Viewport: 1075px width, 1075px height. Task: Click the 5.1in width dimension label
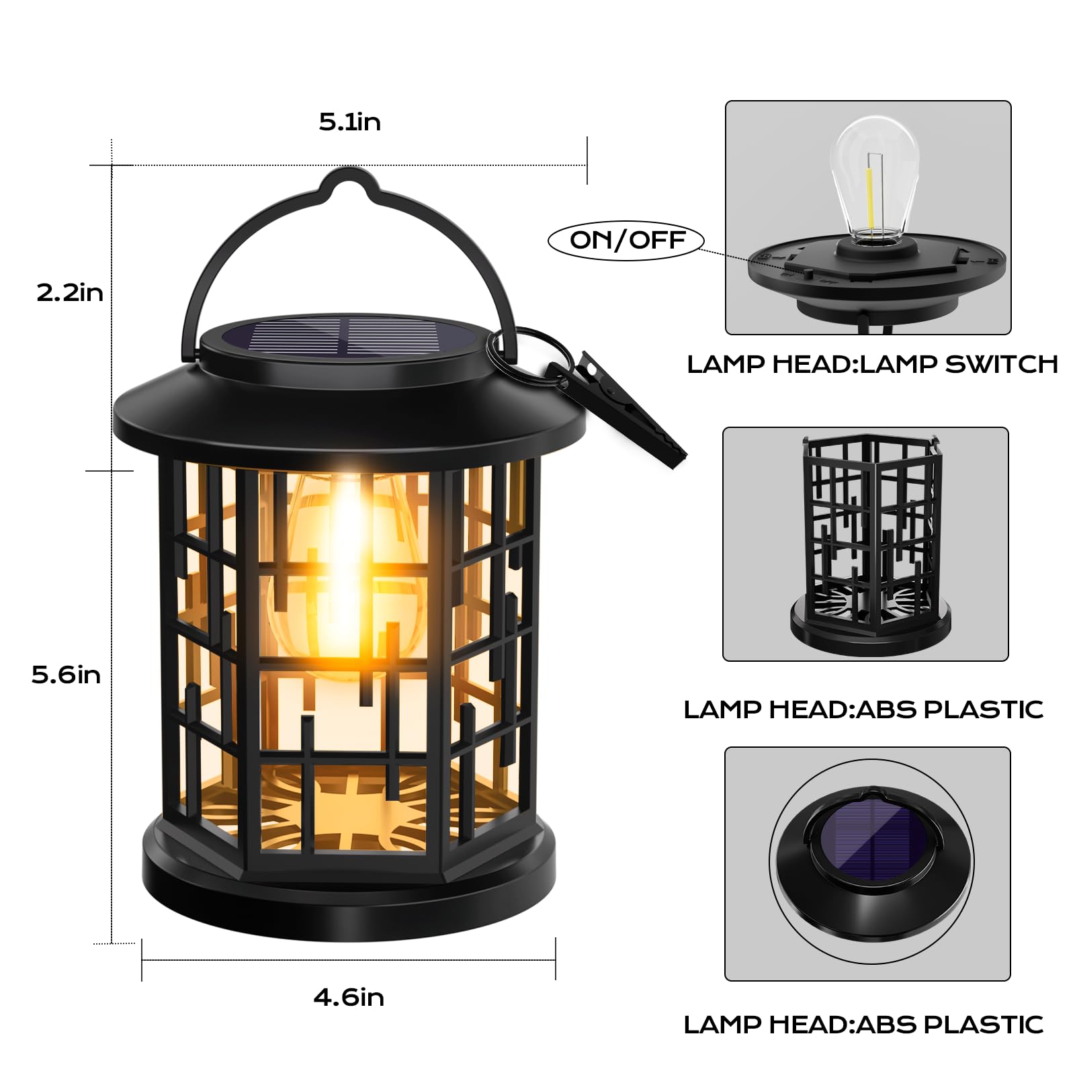349,122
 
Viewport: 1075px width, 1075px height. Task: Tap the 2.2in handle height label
70,293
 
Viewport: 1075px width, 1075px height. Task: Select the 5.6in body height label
66,675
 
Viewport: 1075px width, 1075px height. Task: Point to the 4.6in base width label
349,997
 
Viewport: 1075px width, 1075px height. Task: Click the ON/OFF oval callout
626,240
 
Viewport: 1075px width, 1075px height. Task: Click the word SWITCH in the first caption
1001,364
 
